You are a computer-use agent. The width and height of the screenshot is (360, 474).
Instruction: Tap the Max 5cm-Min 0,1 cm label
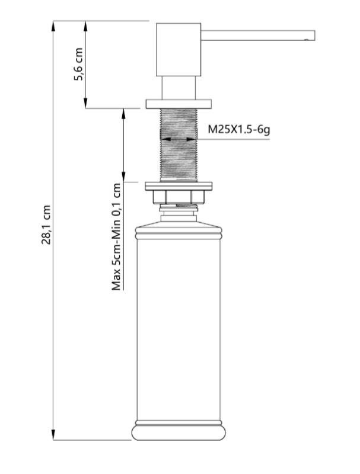117,237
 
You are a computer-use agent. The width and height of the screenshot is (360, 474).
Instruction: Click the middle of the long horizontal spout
255,35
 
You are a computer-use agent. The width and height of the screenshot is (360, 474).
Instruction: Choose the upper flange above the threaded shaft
177,104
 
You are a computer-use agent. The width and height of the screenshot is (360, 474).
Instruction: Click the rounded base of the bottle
178,431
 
